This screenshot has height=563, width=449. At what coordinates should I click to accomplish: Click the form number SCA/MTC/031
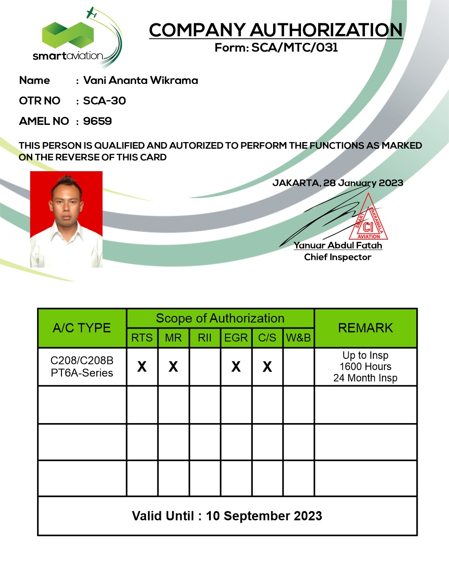tap(295, 48)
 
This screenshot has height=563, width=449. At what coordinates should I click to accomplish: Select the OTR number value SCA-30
tap(104, 101)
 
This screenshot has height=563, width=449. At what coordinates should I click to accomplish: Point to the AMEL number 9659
tap(97, 121)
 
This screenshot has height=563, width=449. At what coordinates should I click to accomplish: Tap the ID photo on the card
tap(66, 219)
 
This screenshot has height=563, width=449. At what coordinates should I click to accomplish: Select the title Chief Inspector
tap(338, 257)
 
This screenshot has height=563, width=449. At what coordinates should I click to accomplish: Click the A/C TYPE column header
tap(82, 328)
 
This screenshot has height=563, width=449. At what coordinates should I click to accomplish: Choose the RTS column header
tap(142, 338)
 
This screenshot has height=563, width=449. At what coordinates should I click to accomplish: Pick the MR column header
tap(173, 338)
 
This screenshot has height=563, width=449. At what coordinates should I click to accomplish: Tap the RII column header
tap(205, 338)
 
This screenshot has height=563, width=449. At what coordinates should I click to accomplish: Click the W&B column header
tap(298, 338)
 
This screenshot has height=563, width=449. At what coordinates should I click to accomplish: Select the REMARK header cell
tap(365, 328)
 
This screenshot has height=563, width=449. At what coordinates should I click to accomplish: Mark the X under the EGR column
tap(236, 367)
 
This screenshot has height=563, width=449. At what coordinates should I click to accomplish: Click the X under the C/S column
tap(267, 367)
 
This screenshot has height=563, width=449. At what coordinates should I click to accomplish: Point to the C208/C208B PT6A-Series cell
tap(82, 367)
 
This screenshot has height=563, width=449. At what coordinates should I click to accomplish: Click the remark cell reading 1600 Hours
tap(365, 367)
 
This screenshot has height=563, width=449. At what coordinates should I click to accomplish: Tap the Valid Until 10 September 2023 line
tap(227, 516)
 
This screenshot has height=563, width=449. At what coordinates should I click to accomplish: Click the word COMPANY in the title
tap(198, 30)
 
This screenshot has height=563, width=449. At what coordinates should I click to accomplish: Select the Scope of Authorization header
tap(220, 318)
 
